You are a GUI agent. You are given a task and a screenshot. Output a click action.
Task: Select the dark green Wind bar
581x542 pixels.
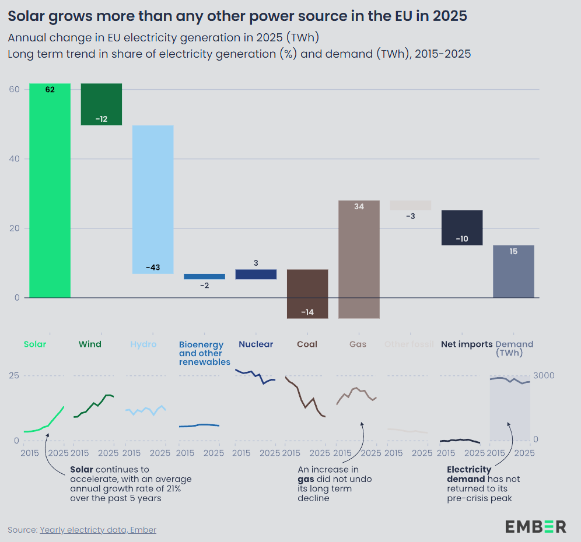101,104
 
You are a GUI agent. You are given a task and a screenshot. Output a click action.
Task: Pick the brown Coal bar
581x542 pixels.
307,294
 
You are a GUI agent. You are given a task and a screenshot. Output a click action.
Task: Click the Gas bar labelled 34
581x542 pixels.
359,259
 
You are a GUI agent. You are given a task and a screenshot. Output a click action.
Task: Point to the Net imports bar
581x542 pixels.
462,227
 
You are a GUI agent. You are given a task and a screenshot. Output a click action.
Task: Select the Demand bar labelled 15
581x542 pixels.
513,272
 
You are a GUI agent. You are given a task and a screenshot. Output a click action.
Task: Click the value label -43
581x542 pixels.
153,268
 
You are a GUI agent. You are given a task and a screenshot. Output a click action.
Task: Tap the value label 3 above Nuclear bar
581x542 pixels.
256,263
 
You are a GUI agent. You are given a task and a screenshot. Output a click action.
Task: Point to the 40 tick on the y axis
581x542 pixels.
14,159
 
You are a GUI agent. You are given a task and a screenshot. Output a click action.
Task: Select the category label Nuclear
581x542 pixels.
256,344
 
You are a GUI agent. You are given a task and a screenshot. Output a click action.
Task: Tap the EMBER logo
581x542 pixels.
535,526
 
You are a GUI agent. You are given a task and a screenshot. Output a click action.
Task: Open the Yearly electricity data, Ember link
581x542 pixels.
98,530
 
